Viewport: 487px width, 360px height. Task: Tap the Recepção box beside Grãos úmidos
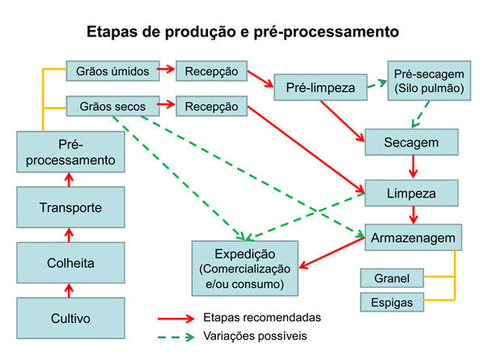211,71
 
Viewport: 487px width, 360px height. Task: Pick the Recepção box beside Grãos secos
212,106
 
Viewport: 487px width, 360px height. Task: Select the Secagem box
412,142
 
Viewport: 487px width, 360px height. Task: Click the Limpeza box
412,194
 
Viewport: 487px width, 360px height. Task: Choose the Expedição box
244,268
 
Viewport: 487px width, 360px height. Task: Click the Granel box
392,279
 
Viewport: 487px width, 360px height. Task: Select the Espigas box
392,303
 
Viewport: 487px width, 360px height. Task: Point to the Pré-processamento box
71,152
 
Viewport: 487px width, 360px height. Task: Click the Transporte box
71,208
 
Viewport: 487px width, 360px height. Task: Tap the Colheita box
71,262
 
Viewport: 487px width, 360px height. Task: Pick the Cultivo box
71,318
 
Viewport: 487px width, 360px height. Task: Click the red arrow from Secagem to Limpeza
414,167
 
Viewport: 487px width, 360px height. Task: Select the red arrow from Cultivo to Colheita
70,290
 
